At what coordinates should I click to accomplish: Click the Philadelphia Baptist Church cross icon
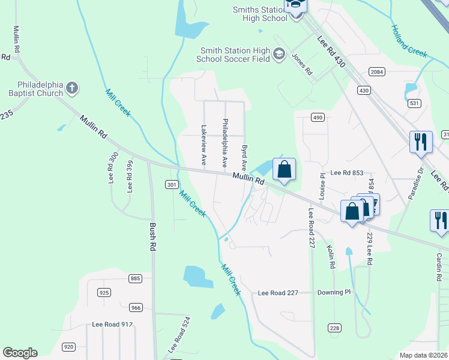click(72, 88)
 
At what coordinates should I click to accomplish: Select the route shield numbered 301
click(172, 184)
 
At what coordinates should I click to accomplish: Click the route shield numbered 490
click(318, 117)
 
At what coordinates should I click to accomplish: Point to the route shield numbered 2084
click(377, 72)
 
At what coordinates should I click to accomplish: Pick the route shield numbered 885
click(135, 278)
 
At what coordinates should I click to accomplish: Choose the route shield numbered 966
click(135, 308)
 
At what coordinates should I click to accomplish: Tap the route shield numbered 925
click(104, 292)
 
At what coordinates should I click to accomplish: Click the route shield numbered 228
click(334, 328)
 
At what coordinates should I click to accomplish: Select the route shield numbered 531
click(414, 104)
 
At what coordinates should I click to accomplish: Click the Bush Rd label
click(153, 236)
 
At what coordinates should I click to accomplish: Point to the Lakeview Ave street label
click(204, 145)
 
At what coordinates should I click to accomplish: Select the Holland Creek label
click(409, 41)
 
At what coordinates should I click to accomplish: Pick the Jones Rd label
click(302, 64)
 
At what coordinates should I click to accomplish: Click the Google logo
click(20, 353)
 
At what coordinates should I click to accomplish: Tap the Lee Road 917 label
click(112, 324)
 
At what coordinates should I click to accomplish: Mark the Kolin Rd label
click(331, 256)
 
